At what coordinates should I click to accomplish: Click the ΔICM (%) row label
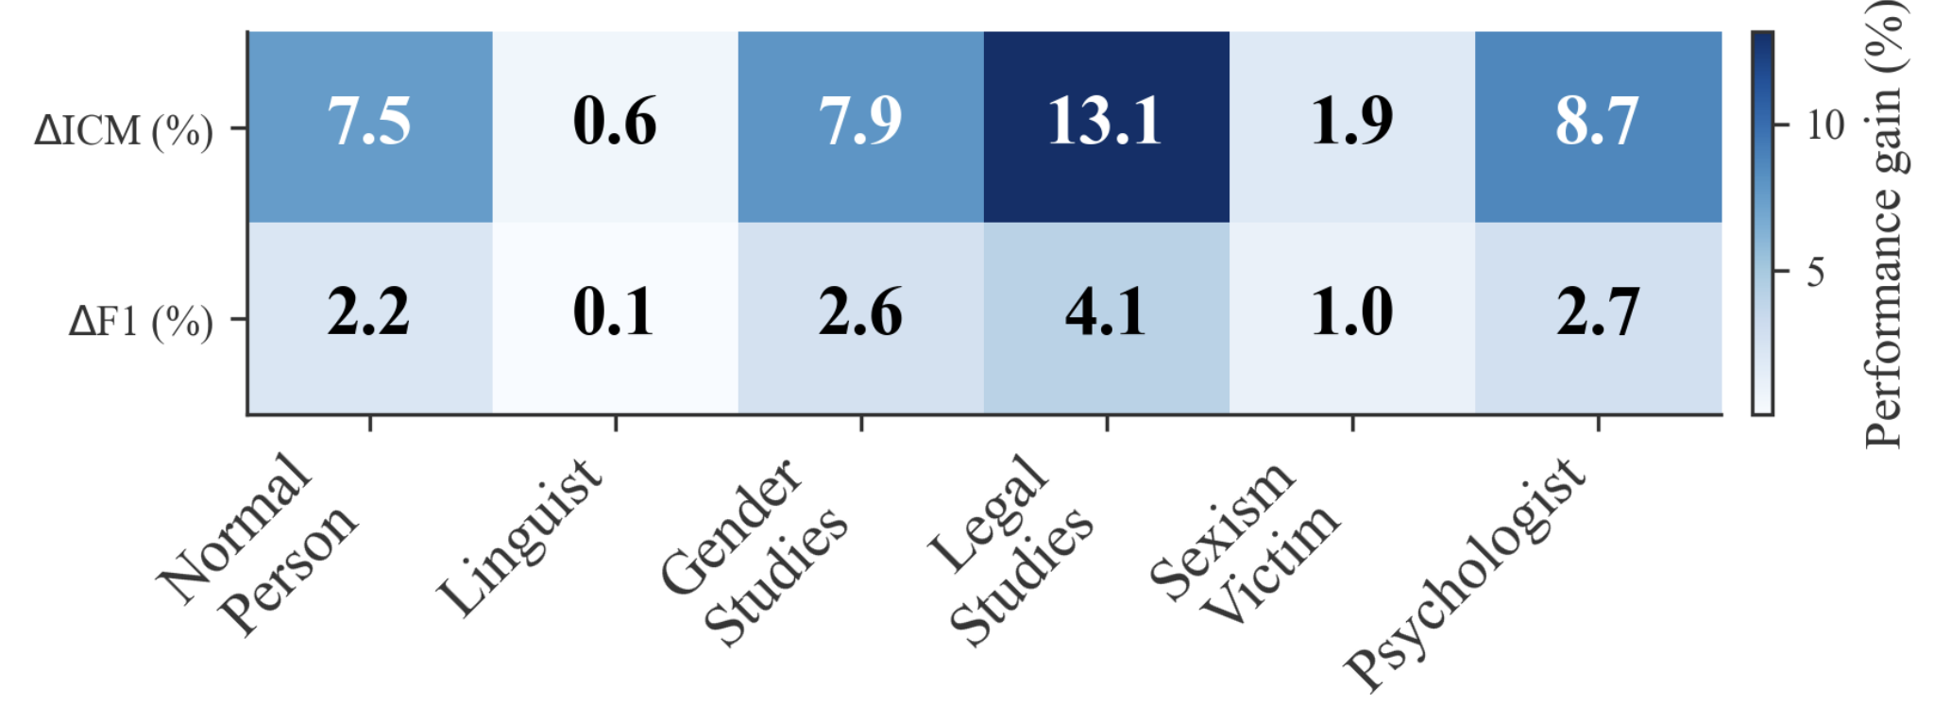tap(124, 130)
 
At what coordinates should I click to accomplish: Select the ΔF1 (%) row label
tap(141, 322)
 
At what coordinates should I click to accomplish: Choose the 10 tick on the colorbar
tap(1824, 125)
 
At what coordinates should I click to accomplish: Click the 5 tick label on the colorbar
tap(1815, 273)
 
